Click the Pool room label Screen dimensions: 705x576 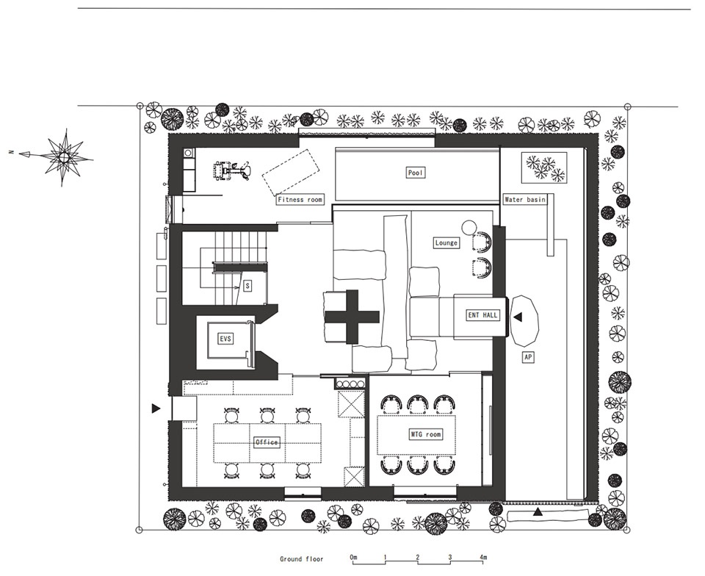click(x=416, y=173)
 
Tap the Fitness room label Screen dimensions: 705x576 click(x=300, y=200)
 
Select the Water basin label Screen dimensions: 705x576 click(x=524, y=199)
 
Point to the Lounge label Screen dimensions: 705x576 click(x=446, y=242)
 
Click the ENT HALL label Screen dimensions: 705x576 click(x=483, y=315)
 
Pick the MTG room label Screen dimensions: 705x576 click(x=426, y=434)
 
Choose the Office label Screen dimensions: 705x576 click(x=267, y=442)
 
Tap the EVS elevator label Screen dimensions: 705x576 click(x=225, y=338)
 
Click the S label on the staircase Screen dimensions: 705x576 click(x=247, y=286)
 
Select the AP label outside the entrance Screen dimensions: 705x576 click(x=528, y=358)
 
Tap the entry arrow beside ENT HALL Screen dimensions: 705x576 click(x=518, y=317)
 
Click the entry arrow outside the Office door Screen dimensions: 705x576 click(x=156, y=408)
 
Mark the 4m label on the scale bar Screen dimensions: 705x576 click(x=483, y=558)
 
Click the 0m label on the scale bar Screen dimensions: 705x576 click(x=354, y=558)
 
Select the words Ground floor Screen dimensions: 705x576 click(x=301, y=559)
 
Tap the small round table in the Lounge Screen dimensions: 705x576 click(x=469, y=226)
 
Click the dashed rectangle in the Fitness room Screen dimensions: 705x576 click(x=291, y=173)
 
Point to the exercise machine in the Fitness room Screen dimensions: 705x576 click(x=231, y=171)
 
